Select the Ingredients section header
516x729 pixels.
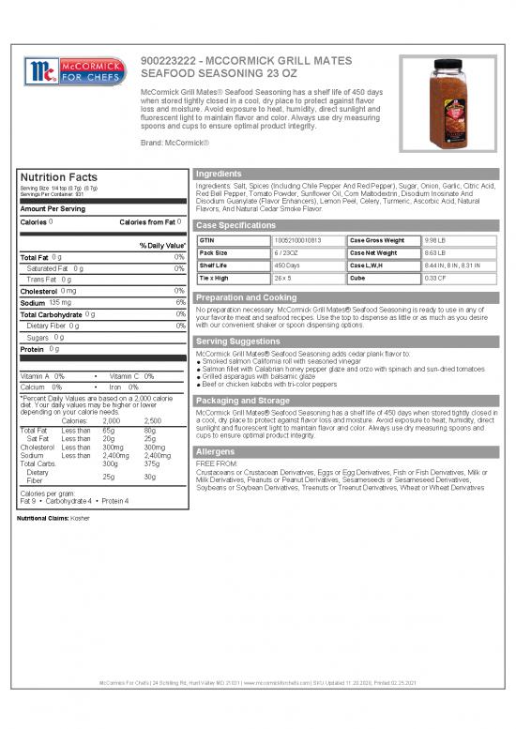(220, 174)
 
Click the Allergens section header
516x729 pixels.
(216, 451)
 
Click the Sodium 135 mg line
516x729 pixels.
(47, 303)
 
